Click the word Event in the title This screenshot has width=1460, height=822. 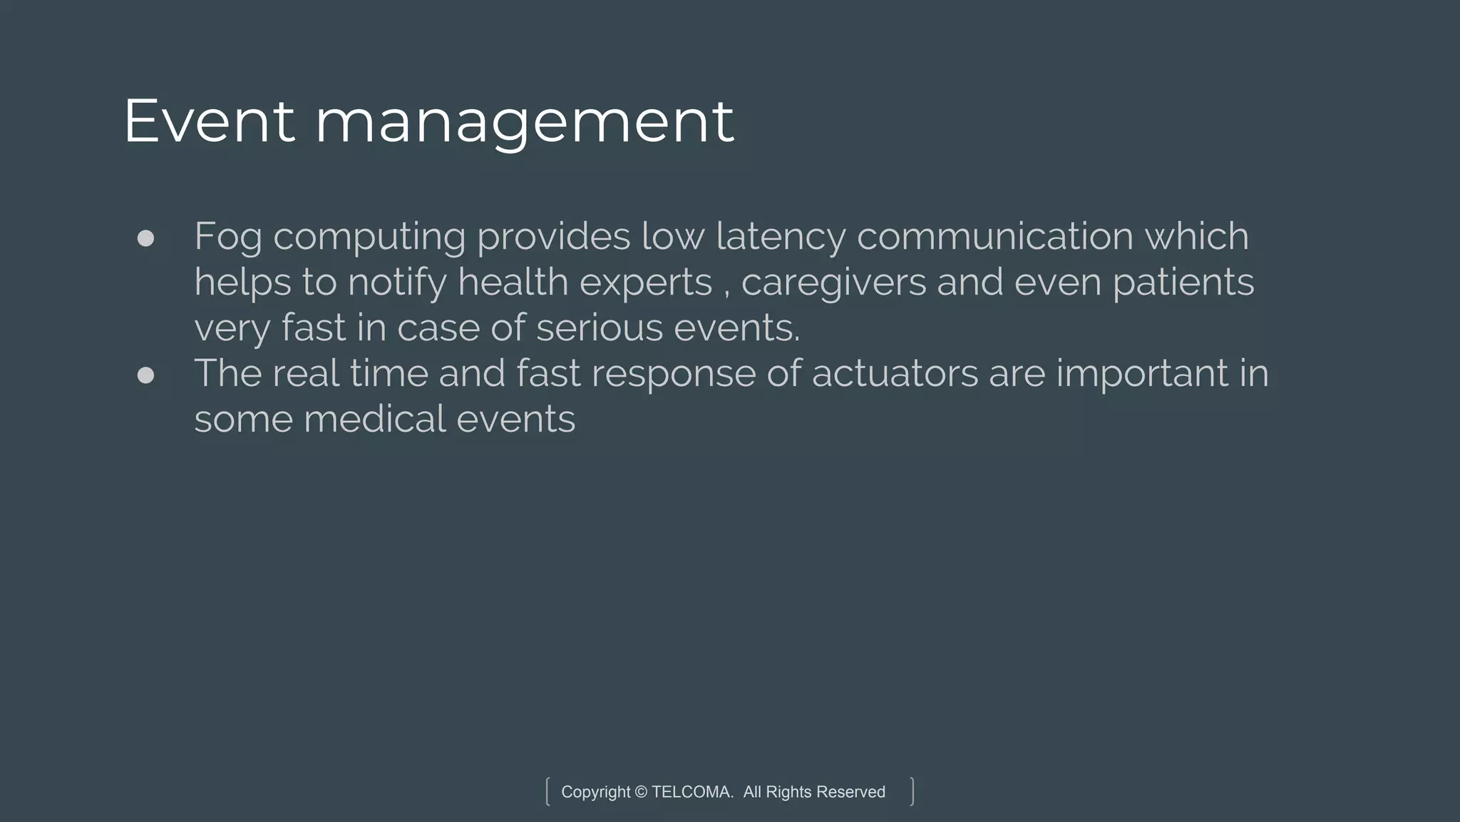(x=208, y=121)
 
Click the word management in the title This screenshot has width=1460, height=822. (x=524, y=123)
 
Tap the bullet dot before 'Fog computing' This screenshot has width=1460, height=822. (x=145, y=238)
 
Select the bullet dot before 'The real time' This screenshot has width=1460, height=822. (x=145, y=375)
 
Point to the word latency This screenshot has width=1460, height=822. (x=781, y=237)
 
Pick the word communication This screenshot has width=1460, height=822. (x=994, y=236)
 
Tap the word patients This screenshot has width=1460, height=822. (x=1183, y=283)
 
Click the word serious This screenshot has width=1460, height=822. (x=599, y=328)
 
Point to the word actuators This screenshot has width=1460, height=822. (x=895, y=373)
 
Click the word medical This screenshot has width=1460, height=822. (x=374, y=419)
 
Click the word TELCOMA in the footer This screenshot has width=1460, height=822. (x=692, y=792)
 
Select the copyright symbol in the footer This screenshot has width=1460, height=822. (x=640, y=792)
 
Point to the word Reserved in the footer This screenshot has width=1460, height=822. (x=850, y=792)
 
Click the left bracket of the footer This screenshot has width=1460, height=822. (x=547, y=791)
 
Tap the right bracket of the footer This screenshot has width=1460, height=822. (x=912, y=791)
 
